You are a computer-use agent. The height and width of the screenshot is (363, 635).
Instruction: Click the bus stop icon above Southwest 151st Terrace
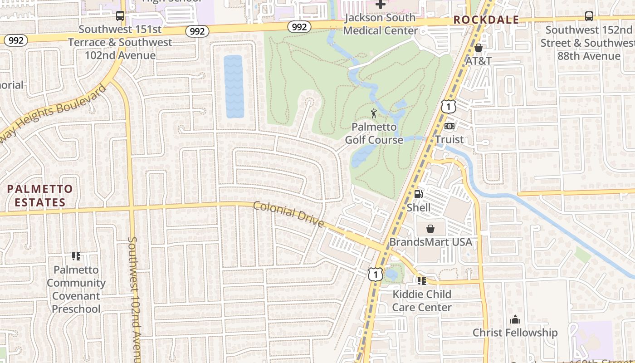coord(120,16)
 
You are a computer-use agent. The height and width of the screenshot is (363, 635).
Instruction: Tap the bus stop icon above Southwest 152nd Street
coord(589,16)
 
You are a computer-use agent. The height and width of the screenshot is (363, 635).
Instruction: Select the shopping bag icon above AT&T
coord(479,48)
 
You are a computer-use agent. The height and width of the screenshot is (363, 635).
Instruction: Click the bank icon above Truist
coord(449,126)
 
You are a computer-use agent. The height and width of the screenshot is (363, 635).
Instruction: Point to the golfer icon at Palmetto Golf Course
coord(374,113)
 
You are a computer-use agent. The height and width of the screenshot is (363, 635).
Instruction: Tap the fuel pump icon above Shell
coord(419,194)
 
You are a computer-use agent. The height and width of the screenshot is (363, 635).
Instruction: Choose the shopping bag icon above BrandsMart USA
coord(430,229)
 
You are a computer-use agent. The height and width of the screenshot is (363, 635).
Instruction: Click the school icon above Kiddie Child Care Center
coord(422,281)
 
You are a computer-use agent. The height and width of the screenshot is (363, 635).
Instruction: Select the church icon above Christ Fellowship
coord(515,319)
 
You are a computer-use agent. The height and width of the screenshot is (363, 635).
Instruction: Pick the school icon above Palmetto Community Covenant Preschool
coord(76,256)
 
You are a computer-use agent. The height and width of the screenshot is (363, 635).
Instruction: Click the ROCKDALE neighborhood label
coord(486,20)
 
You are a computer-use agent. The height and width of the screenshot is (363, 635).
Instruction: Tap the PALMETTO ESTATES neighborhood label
coord(40,196)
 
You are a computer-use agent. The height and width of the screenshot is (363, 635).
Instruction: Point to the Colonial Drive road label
coord(288,214)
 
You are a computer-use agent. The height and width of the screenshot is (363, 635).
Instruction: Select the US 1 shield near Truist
coord(448,107)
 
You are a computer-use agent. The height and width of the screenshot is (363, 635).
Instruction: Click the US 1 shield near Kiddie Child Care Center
coord(376,274)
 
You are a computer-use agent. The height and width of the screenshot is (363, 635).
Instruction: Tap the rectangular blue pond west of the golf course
coord(234,86)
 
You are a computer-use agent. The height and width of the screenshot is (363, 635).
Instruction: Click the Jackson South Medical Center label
coord(380,24)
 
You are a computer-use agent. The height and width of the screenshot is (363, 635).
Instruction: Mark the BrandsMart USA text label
coord(431,242)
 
